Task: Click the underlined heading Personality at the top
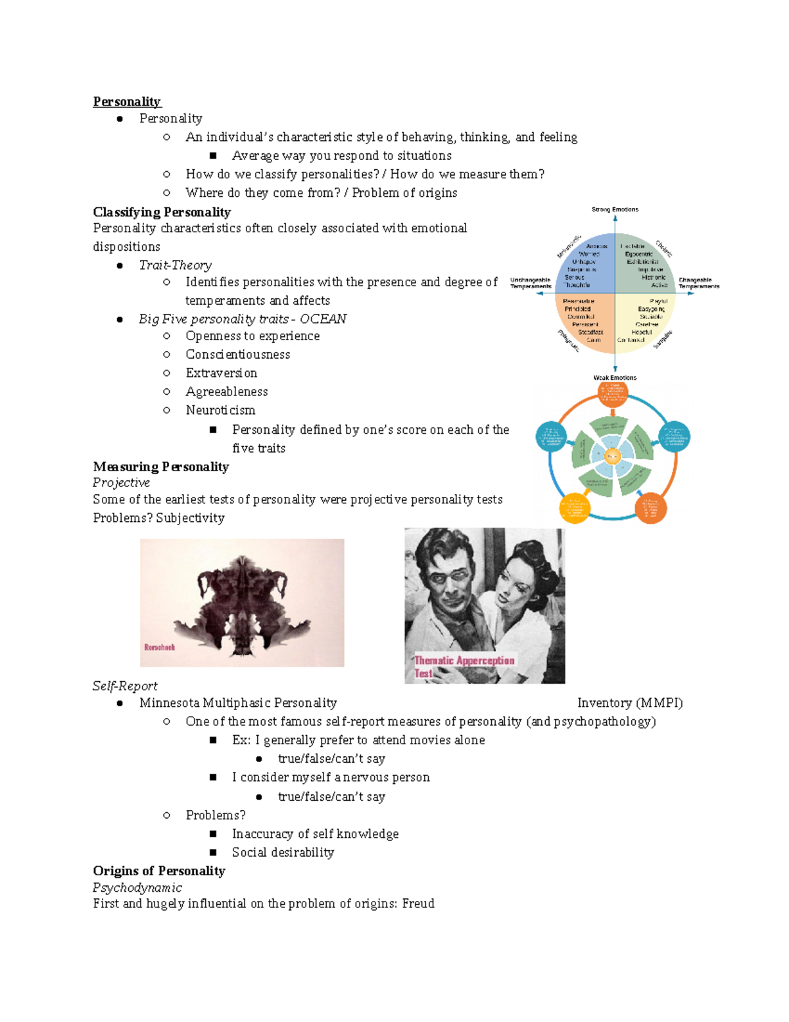coord(126,101)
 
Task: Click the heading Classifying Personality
coord(162,212)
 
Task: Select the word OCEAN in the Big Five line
coord(323,319)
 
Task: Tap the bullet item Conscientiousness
coord(237,355)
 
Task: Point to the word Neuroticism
coord(220,410)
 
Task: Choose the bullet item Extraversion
coord(221,373)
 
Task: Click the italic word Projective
coord(121,482)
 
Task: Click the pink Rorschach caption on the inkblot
coord(160,648)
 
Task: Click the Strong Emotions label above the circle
coord(615,209)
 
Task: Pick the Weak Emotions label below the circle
coord(615,378)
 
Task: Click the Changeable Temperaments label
coord(698,283)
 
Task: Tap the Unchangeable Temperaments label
coord(531,283)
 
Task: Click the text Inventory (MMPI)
coord(630,703)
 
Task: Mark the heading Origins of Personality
coord(159,871)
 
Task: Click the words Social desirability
coord(283,852)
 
